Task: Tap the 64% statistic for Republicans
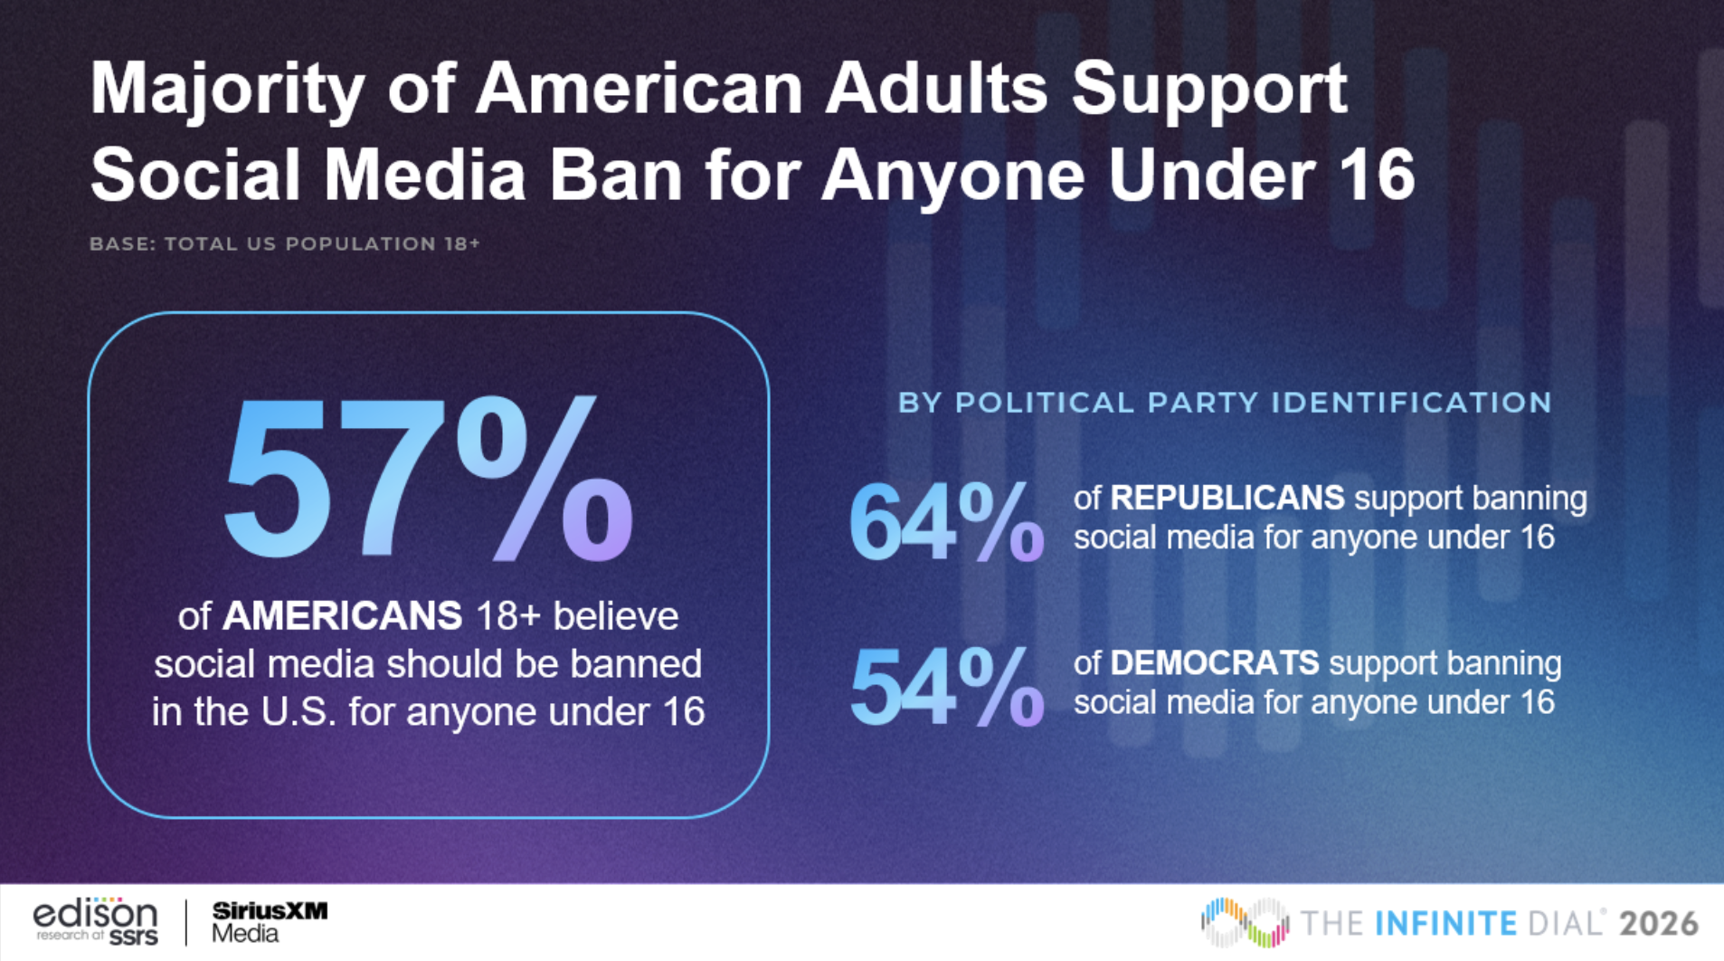click(945, 522)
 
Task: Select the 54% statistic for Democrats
click(945, 688)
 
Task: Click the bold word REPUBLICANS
click(1227, 499)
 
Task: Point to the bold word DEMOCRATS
click(1214, 663)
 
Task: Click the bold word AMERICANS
click(342, 617)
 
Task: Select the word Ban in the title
click(615, 175)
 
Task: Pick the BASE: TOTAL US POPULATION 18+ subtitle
click(284, 244)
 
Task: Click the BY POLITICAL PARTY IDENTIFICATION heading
click(1225, 403)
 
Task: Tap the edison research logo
click(96, 922)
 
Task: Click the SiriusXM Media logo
click(269, 922)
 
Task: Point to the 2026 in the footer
click(1659, 924)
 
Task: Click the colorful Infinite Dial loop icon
click(1245, 922)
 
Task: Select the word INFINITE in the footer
click(1445, 924)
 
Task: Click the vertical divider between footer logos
click(186, 922)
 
